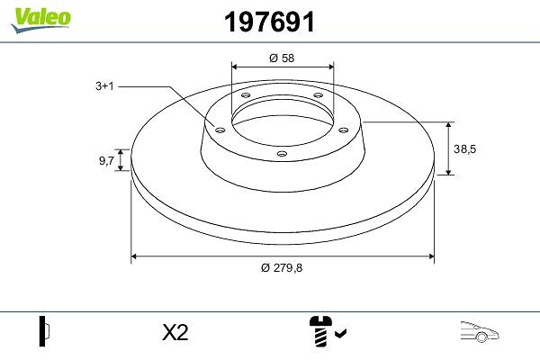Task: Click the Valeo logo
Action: [x=40, y=20]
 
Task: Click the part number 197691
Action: [x=269, y=22]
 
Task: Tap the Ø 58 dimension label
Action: [x=282, y=58]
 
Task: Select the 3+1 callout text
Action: [x=104, y=85]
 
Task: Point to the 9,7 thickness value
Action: [x=106, y=160]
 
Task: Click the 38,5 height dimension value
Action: [x=464, y=148]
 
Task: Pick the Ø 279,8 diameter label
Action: [x=282, y=267]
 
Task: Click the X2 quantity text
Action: [x=175, y=333]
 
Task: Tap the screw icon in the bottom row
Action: [x=321, y=330]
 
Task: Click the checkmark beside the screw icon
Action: [x=340, y=333]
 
